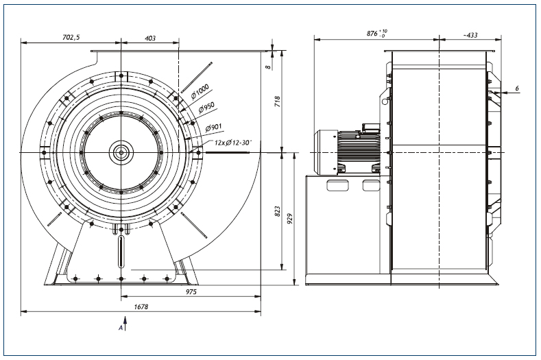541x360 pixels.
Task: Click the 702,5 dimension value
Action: pyautogui.click(x=71, y=37)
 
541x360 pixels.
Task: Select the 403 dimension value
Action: pyautogui.click(x=150, y=38)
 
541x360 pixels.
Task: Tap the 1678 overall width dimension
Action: pyautogui.click(x=141, y=307)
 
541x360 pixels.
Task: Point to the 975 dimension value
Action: pyautogui.click(x=191, y=291)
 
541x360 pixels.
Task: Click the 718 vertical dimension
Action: pyautogui.click(x=278, y=101)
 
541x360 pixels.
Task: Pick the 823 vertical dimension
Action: pyautogui.click(x=278, y=212)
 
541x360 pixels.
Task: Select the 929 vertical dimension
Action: pyautogui.click(x=290, y=219)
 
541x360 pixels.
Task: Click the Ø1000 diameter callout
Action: pyautogui.click(x=200, y=91)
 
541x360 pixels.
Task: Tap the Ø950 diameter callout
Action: pyautogui.click(x=206, y=108)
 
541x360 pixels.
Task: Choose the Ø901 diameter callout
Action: pyautogui.click(x=213, y=128)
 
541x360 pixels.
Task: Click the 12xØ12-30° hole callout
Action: pyautogui.click(x=233, y=142)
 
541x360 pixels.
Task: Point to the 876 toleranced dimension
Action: pyautogui.click(x=376, y=34)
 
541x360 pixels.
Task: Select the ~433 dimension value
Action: pyautogui.click(x=470, y=35)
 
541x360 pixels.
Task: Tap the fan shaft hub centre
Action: pyautogui.click(x=121, y=152)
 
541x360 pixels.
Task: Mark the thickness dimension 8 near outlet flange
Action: pyautogui.click(x=269, y=67)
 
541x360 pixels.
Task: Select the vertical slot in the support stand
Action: pyautogui.click(x=121, y=251)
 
